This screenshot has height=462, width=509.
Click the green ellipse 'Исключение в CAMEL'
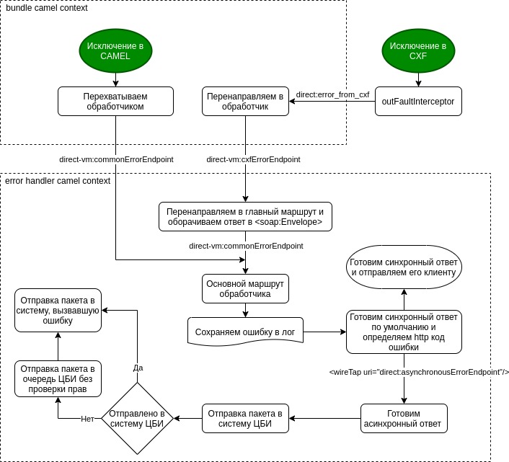115,51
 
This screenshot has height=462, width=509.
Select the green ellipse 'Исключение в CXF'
418,51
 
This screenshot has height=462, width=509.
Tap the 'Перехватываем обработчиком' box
115,101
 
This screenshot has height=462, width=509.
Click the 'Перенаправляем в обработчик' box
245,101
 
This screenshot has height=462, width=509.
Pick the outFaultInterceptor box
418,102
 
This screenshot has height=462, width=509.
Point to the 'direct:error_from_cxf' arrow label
332,94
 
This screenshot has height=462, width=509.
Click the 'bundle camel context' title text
47,8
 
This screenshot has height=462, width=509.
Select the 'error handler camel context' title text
58,181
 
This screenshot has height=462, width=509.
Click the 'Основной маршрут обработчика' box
245,288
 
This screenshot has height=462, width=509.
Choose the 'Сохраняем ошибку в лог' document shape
245,332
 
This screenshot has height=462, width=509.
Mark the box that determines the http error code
403,332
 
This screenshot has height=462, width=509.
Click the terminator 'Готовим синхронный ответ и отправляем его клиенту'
403,267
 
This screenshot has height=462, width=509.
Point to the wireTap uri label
419,372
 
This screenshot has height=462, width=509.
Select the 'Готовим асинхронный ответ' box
404,418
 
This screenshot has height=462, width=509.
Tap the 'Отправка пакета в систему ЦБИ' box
245,418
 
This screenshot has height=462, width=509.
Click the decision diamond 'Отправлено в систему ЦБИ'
138,418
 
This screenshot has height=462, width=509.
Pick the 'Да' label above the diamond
138,368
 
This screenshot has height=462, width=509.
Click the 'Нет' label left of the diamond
87,419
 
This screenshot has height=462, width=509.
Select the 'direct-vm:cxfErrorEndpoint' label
253,159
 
